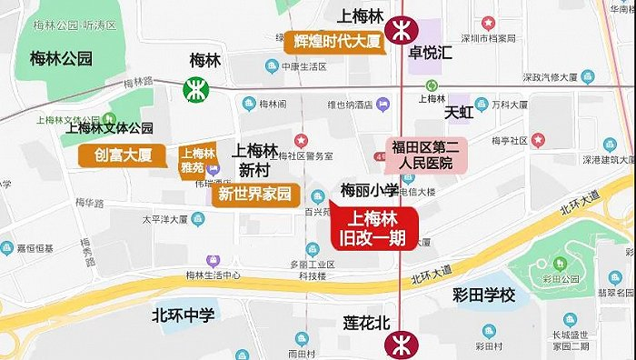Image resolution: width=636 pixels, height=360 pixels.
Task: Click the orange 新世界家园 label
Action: pos(256,194)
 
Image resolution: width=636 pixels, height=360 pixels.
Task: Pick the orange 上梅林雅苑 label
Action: pos(197,161)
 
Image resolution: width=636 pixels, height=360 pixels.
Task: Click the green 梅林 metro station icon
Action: pos(194,89)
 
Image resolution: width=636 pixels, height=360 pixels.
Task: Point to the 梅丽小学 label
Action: pos(370,190)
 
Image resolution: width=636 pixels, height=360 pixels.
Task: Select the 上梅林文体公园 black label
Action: pos(109,128)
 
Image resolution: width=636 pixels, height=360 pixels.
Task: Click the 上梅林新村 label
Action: pos(255,160)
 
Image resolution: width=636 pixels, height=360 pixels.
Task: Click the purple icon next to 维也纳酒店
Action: pos(383,104)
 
